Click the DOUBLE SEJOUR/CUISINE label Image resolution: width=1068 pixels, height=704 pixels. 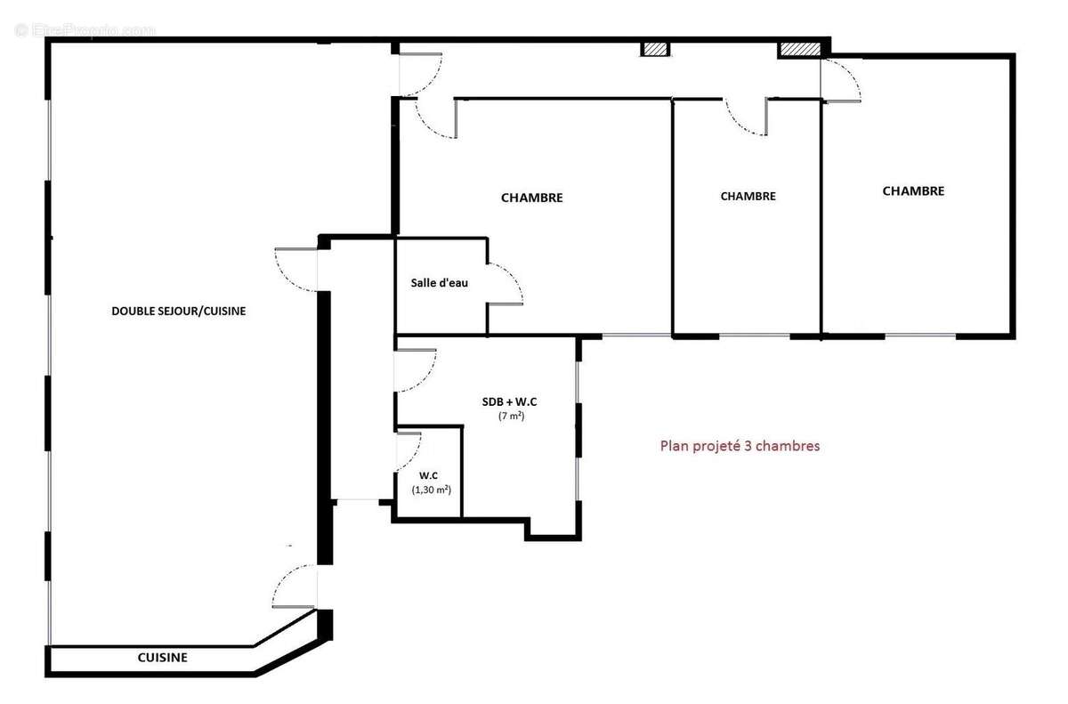[x=178, y=312]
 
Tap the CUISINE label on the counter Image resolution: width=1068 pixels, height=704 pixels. [x=162, y=658]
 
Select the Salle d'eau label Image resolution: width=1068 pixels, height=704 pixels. [x=439, y=283]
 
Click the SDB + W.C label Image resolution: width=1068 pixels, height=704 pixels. [x=510, y=402]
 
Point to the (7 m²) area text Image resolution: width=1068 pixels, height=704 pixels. [x=510, y=417]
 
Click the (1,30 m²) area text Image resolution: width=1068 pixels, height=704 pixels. [x=431, y=490]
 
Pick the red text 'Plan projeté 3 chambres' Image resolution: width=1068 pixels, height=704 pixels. [x=739, y=446]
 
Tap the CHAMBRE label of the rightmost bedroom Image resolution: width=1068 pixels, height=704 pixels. [x=913, y=190]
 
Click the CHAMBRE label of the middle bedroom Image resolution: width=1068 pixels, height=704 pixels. [x=748, y=197]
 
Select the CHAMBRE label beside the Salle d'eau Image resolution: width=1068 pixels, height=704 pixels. [x=531, y=198]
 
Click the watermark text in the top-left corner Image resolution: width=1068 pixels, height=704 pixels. [x=85, y=30]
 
